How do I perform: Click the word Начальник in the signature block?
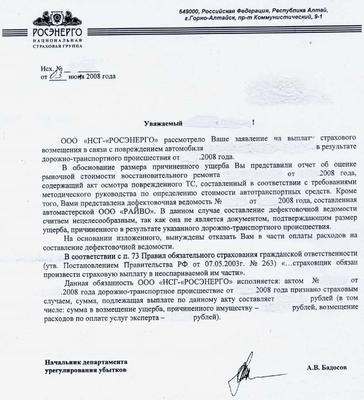pyautogui.click(x=64, y=362)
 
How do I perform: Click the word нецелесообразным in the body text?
pyautogui.click(x=86, y=219)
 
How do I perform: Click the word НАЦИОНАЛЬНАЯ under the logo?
pyautogui.click(x=56, y=40)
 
